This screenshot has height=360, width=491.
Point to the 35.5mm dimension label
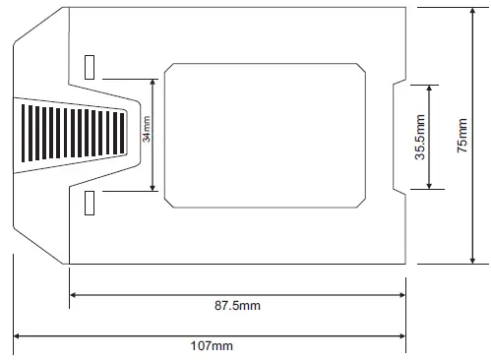point(419,138)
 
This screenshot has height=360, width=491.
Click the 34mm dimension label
point(146,132)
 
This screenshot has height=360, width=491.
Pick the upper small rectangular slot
point(91,66)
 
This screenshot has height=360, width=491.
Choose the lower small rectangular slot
point(91,203)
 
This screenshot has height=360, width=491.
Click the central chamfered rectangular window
point(264,135)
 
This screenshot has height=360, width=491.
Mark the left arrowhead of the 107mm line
point(18,336)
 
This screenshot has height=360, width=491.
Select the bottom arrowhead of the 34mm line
point(153,186)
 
